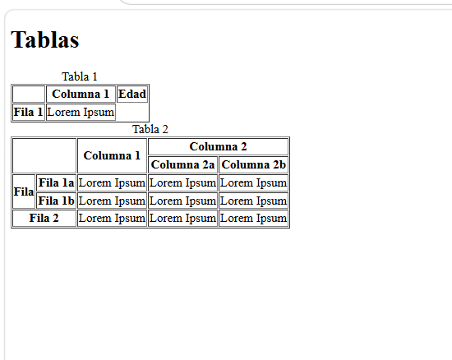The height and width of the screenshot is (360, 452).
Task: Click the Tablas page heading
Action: (x=44, y=39)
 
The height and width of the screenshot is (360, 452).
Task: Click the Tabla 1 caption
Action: (x=80, y=76)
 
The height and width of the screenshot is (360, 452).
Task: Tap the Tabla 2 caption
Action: (x=150, y=129)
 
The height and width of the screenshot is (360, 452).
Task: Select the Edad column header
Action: (x=132, y=94)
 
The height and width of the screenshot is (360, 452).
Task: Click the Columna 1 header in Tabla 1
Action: (x=81, y=94)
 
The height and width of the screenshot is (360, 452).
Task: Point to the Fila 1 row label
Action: (x=29, y=112)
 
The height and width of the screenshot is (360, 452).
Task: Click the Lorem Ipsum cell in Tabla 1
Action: (x=81, y=112)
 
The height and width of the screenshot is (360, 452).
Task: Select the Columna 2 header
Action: (x=219, y=146)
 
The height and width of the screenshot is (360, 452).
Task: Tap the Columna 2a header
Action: (x=182, y=164)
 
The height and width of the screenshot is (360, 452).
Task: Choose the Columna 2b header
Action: (x=254, y=164)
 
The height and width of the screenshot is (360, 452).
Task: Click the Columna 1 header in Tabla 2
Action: (x=112, y=155)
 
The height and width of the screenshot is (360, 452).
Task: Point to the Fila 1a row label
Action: (x=56, y=182)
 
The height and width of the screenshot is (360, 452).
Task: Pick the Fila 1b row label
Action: (x=56, y=201)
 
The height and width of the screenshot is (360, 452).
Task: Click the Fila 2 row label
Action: (x=44, y=218)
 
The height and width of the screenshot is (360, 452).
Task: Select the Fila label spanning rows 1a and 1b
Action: (x=24, y=192)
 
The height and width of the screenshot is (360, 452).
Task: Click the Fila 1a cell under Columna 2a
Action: (x=182, y=182)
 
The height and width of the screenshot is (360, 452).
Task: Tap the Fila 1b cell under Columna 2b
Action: (x=254, y=201)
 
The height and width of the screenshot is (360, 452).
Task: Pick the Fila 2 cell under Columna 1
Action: (x=112, y=218)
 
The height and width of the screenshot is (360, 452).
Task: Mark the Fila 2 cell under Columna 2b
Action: (x=254, y=218)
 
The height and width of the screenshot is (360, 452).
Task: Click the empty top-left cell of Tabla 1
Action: (x=29, y=94)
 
